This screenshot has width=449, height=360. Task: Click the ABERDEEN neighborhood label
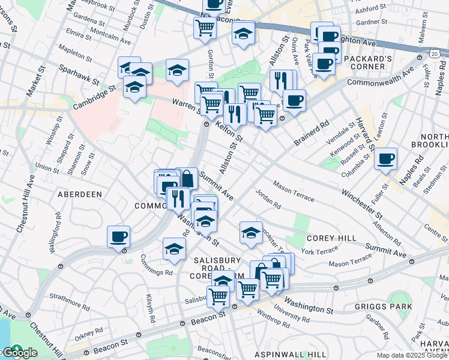(x=79, y=194)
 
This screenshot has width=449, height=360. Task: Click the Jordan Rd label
(x=268, y=199)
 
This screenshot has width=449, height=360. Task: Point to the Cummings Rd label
(x=155, y=272)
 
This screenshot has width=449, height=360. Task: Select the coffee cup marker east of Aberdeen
(x=118, y=236)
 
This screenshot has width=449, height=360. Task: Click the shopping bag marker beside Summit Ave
(x=187, y=178)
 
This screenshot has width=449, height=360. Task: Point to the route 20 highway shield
(x=432, y=54)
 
